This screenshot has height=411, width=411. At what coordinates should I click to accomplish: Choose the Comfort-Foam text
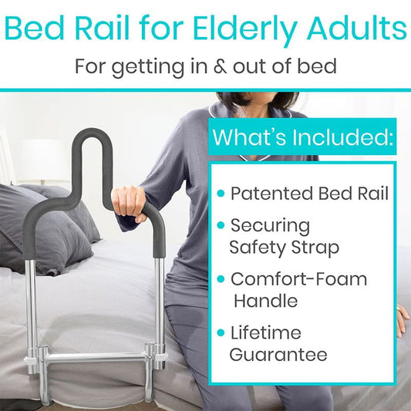(x=298, y=279)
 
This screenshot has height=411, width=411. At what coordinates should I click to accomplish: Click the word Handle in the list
(x=265, y=300)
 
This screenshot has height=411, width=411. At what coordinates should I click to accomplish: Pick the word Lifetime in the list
(x=265, y=333)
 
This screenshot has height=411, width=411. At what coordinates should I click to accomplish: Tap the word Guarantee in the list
(x=278, y=355)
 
